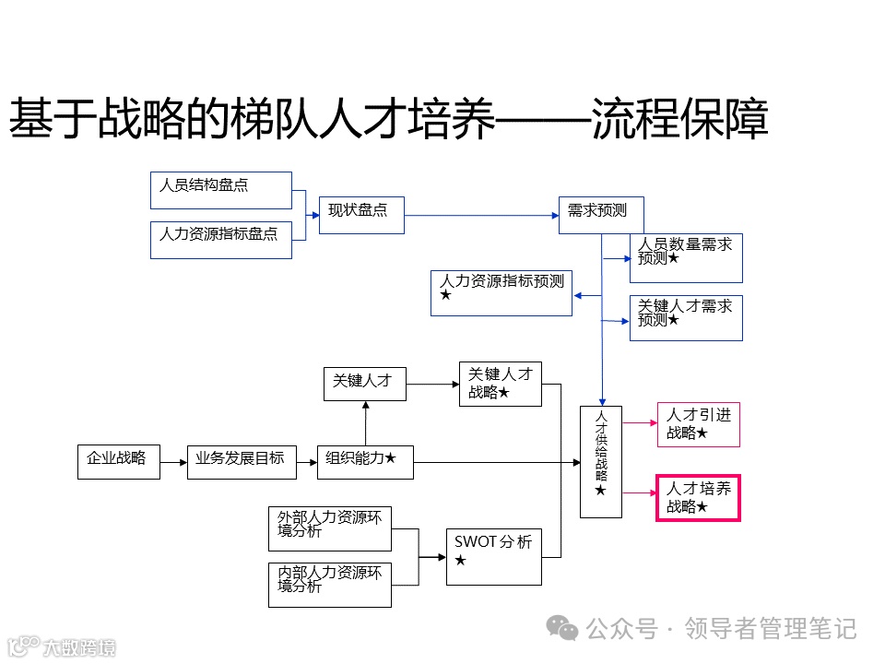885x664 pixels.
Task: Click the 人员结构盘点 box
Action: pos(220,190)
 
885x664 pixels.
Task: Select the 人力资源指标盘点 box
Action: pos(220,240)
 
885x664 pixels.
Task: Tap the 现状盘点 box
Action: pos(361,215)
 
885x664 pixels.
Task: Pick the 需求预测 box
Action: pos(601,215)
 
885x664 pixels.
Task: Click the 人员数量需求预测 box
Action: pos(686,258)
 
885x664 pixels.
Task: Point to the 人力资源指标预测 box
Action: pos(501,293)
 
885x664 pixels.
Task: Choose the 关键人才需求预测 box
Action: pos(686,318)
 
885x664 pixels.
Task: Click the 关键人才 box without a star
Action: pos(365,383)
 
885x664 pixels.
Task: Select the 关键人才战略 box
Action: pos(501,384)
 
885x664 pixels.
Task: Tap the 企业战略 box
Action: pos(118,461)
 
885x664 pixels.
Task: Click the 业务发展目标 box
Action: pos(242,461)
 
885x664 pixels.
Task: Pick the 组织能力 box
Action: pos(365,461)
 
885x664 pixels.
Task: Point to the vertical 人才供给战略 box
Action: pos(601,461)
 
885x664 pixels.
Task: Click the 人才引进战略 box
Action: pos(698,425)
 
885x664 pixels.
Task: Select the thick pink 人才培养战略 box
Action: pos(698,499)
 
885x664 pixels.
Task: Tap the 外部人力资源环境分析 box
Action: pos(330,528)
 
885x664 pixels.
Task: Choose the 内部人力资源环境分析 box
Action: pos(330,585)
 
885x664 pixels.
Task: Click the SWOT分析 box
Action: pos(493,556)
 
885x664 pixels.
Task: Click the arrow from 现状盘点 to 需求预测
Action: pos(479,216)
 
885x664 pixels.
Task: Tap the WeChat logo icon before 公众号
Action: pos(562,628)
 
